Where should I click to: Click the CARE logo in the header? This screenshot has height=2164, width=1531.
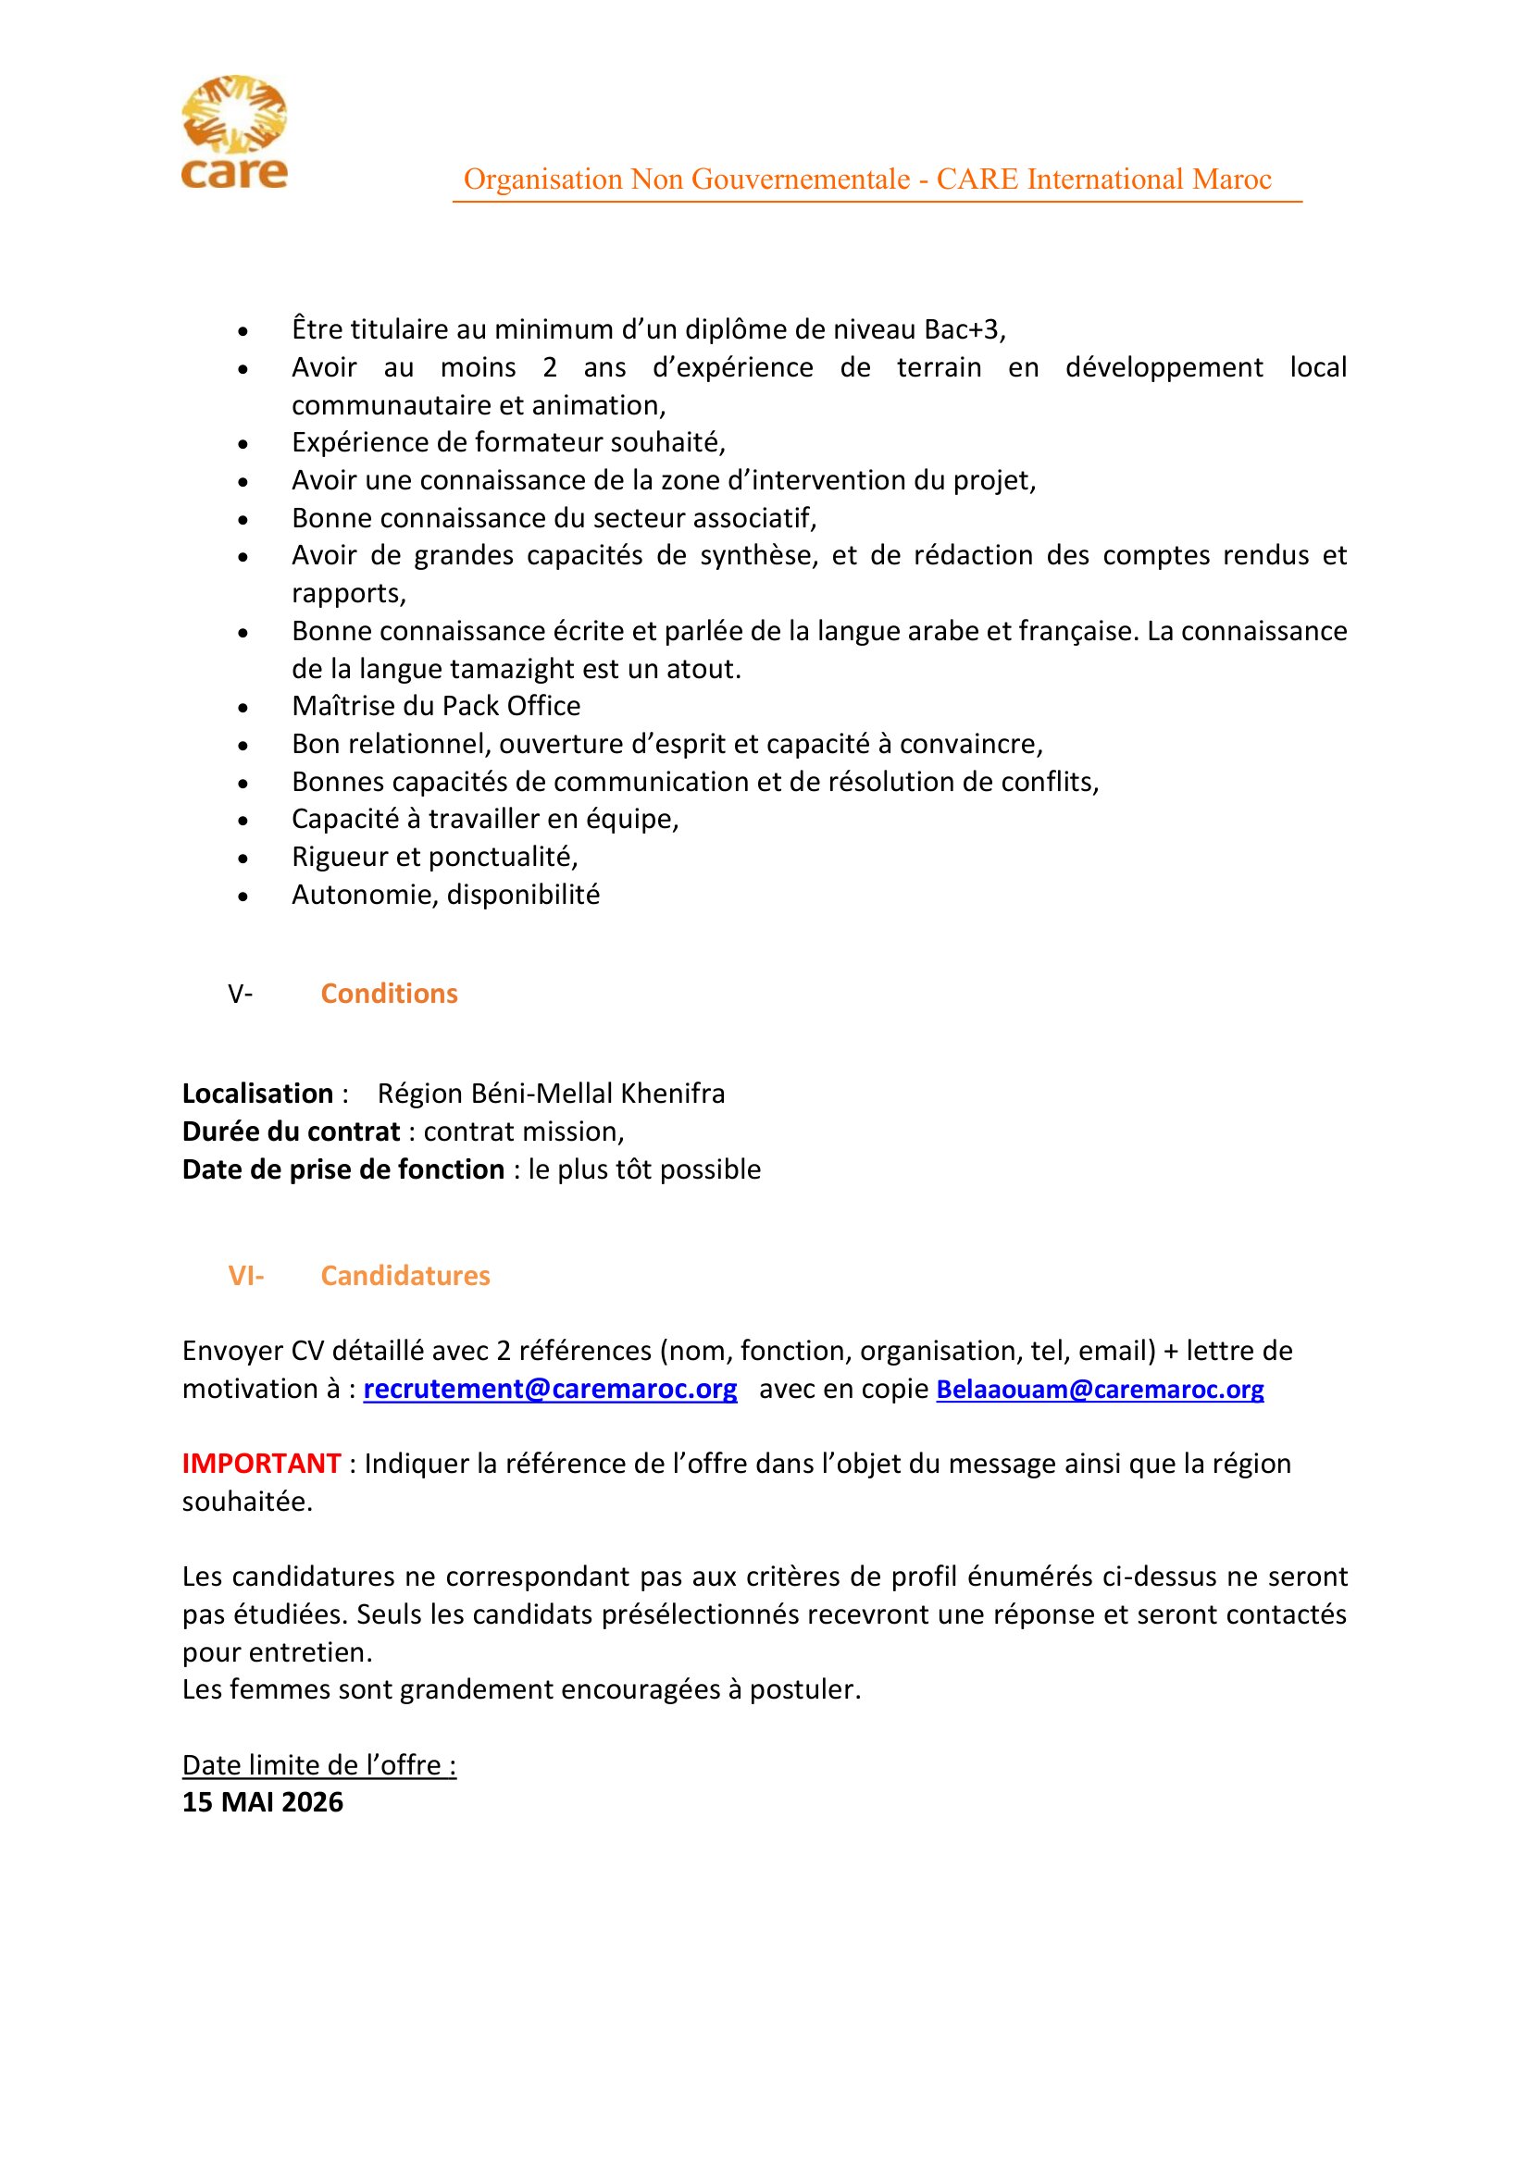coord(234,132)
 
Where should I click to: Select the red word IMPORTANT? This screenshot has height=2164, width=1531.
coord(261,1463)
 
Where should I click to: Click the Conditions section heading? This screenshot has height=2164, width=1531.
coord(389,994)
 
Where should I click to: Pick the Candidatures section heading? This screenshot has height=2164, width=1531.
coord(405,1275)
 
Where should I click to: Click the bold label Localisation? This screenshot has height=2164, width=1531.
coord(257,1094)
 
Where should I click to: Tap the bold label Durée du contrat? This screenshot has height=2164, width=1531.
coord(292,1131)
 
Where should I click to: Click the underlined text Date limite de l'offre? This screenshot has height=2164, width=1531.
coord(318,1764)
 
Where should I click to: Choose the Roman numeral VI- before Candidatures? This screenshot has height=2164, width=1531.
coord(246,1275)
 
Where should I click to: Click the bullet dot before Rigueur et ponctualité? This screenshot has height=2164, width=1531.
coord(243,858)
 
